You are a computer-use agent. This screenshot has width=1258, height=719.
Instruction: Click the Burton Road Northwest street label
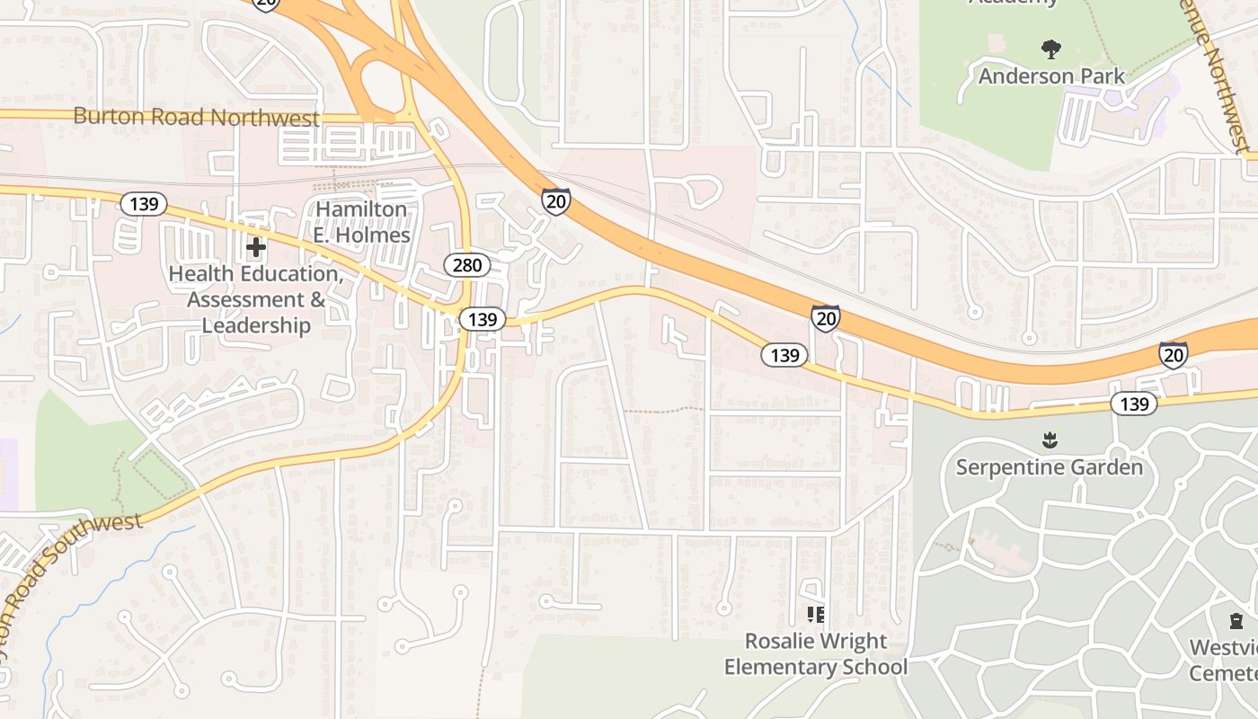point(196,117)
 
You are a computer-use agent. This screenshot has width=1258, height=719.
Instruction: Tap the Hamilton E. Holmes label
point(361,222)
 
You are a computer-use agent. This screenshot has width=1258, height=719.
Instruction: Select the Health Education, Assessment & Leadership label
point(256,299)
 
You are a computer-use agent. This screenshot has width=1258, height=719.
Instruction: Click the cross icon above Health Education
point(256,246)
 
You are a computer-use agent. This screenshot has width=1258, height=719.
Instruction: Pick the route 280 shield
point(466,265)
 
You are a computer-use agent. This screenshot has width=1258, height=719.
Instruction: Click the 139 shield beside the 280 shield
point(483,319)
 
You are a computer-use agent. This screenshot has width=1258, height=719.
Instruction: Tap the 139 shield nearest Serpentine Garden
point(1133,404)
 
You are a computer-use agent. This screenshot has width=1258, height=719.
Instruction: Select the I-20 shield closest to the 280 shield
point(556,200)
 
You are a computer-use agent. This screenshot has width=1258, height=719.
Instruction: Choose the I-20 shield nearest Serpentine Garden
point(1173,355)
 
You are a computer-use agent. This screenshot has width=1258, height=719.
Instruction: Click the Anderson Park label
point(1051,76)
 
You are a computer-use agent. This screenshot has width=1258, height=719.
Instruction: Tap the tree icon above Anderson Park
point(1050,49)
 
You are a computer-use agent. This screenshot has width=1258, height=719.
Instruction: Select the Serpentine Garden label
point(1049,467)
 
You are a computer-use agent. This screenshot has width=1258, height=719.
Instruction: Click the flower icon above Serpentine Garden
point(1049,439)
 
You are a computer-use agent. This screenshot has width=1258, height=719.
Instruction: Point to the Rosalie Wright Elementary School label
point(815,654)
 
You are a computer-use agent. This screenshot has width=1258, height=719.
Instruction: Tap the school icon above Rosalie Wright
point(815,615)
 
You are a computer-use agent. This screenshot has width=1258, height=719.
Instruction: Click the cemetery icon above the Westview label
point(1236,620)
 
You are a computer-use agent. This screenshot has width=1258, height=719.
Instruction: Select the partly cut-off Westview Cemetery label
point(1224,660)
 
